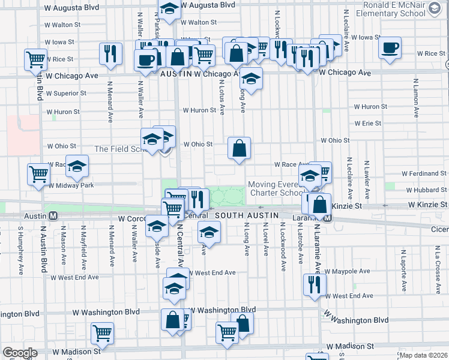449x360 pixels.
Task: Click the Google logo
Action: pos(20,353)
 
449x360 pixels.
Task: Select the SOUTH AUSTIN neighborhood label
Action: pos(247,215)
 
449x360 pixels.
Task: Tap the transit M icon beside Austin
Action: pos(53,215)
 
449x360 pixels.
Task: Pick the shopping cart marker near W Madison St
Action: pos(103,332)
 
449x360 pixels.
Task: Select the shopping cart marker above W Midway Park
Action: pos(38,174)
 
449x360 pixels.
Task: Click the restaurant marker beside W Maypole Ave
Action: pos(313,284)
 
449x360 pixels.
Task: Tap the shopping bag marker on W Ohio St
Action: pos(239,148)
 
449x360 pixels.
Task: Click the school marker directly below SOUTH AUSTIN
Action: pos(209,232)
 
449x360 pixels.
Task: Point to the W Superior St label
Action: pos(66,93)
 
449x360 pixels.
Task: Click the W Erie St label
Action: pos(368,123)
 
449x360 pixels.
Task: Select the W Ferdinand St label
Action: pos(421,173)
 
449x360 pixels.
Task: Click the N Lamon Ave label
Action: pos(415,97)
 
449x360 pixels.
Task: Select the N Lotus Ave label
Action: pos(221,98)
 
